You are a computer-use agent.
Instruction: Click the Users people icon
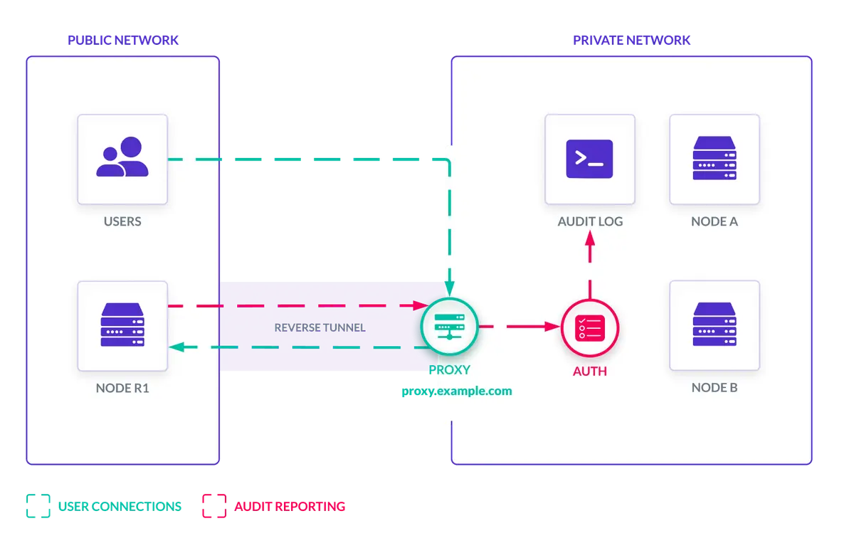(x=122, y=158)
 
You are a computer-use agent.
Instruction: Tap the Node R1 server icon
(x=122, y=325)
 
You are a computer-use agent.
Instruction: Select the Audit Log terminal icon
(x=589, y=158)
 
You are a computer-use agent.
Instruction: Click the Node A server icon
(x=714, y=158)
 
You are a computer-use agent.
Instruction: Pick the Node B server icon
(x=714, y=325)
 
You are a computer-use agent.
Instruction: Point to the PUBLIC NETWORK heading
(x=123, y=41)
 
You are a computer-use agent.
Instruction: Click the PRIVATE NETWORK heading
(x=631, y=41)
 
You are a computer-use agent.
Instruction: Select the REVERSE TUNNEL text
(x=320, y=328)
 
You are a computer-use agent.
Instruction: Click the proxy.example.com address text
(x=456, y=391)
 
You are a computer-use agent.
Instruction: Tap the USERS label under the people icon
(x=122, y=221)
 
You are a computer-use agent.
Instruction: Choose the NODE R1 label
(x=122, y=388)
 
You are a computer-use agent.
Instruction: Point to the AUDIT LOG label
(x=590, y=221)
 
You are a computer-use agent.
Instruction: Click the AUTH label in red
(x=590, y=372)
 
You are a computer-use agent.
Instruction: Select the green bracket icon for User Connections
(x=38, y=506)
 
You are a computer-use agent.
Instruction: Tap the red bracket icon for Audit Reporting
(x=213, y=506)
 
